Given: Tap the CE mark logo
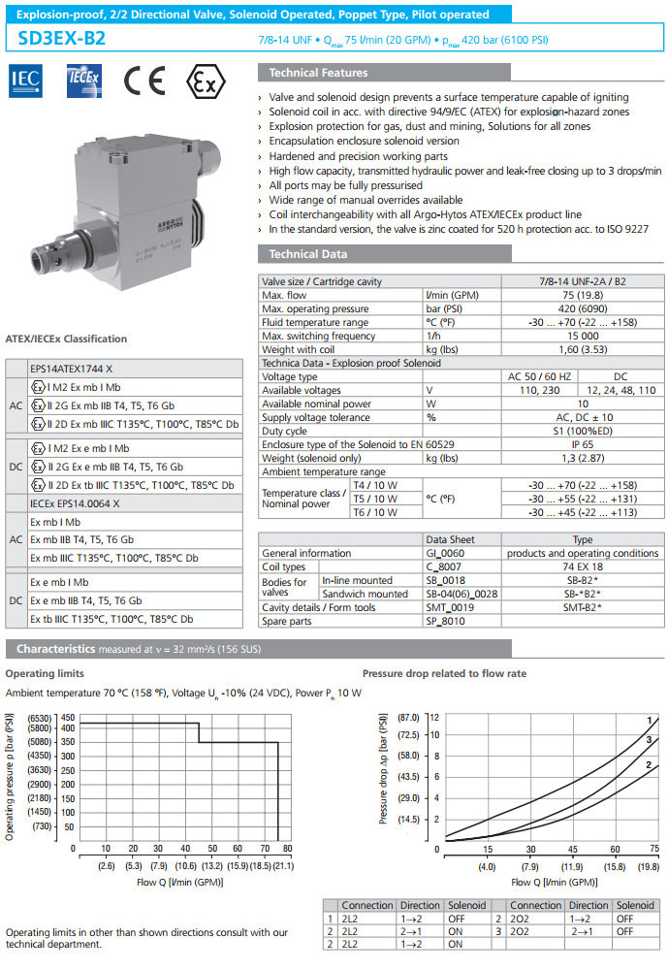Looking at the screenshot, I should pyautogui.click(x=141, y=80).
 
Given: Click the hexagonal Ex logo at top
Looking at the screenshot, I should pyautogui.click(x=201, y=80).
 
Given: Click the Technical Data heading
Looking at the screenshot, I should pyautogui.click(x=306, y=254).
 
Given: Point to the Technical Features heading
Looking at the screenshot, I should pyautogui.click(x=318, y=73).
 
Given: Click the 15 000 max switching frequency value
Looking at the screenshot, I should pyautogui.click(x=579, y=336).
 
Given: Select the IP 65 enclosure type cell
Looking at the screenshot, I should pyautogui.click(x=579, y=444).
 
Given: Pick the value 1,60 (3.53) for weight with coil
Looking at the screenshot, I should pyautogui.click(x=579, y=349).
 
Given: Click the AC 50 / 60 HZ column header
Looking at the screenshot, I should pyautogui.click(x=540, y=376).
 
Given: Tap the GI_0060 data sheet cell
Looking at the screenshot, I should pyautogui.click(x=445, y=553).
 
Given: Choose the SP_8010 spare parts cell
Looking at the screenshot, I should pyautogui.click(x=445, y=620).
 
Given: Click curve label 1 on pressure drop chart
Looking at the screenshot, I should pyautogui.click(x=649, y=720).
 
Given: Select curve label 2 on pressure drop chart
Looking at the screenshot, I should pyautogui.click(x=648, y=766).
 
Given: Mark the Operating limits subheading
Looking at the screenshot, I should pyautogui.click(x=45, y=672).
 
